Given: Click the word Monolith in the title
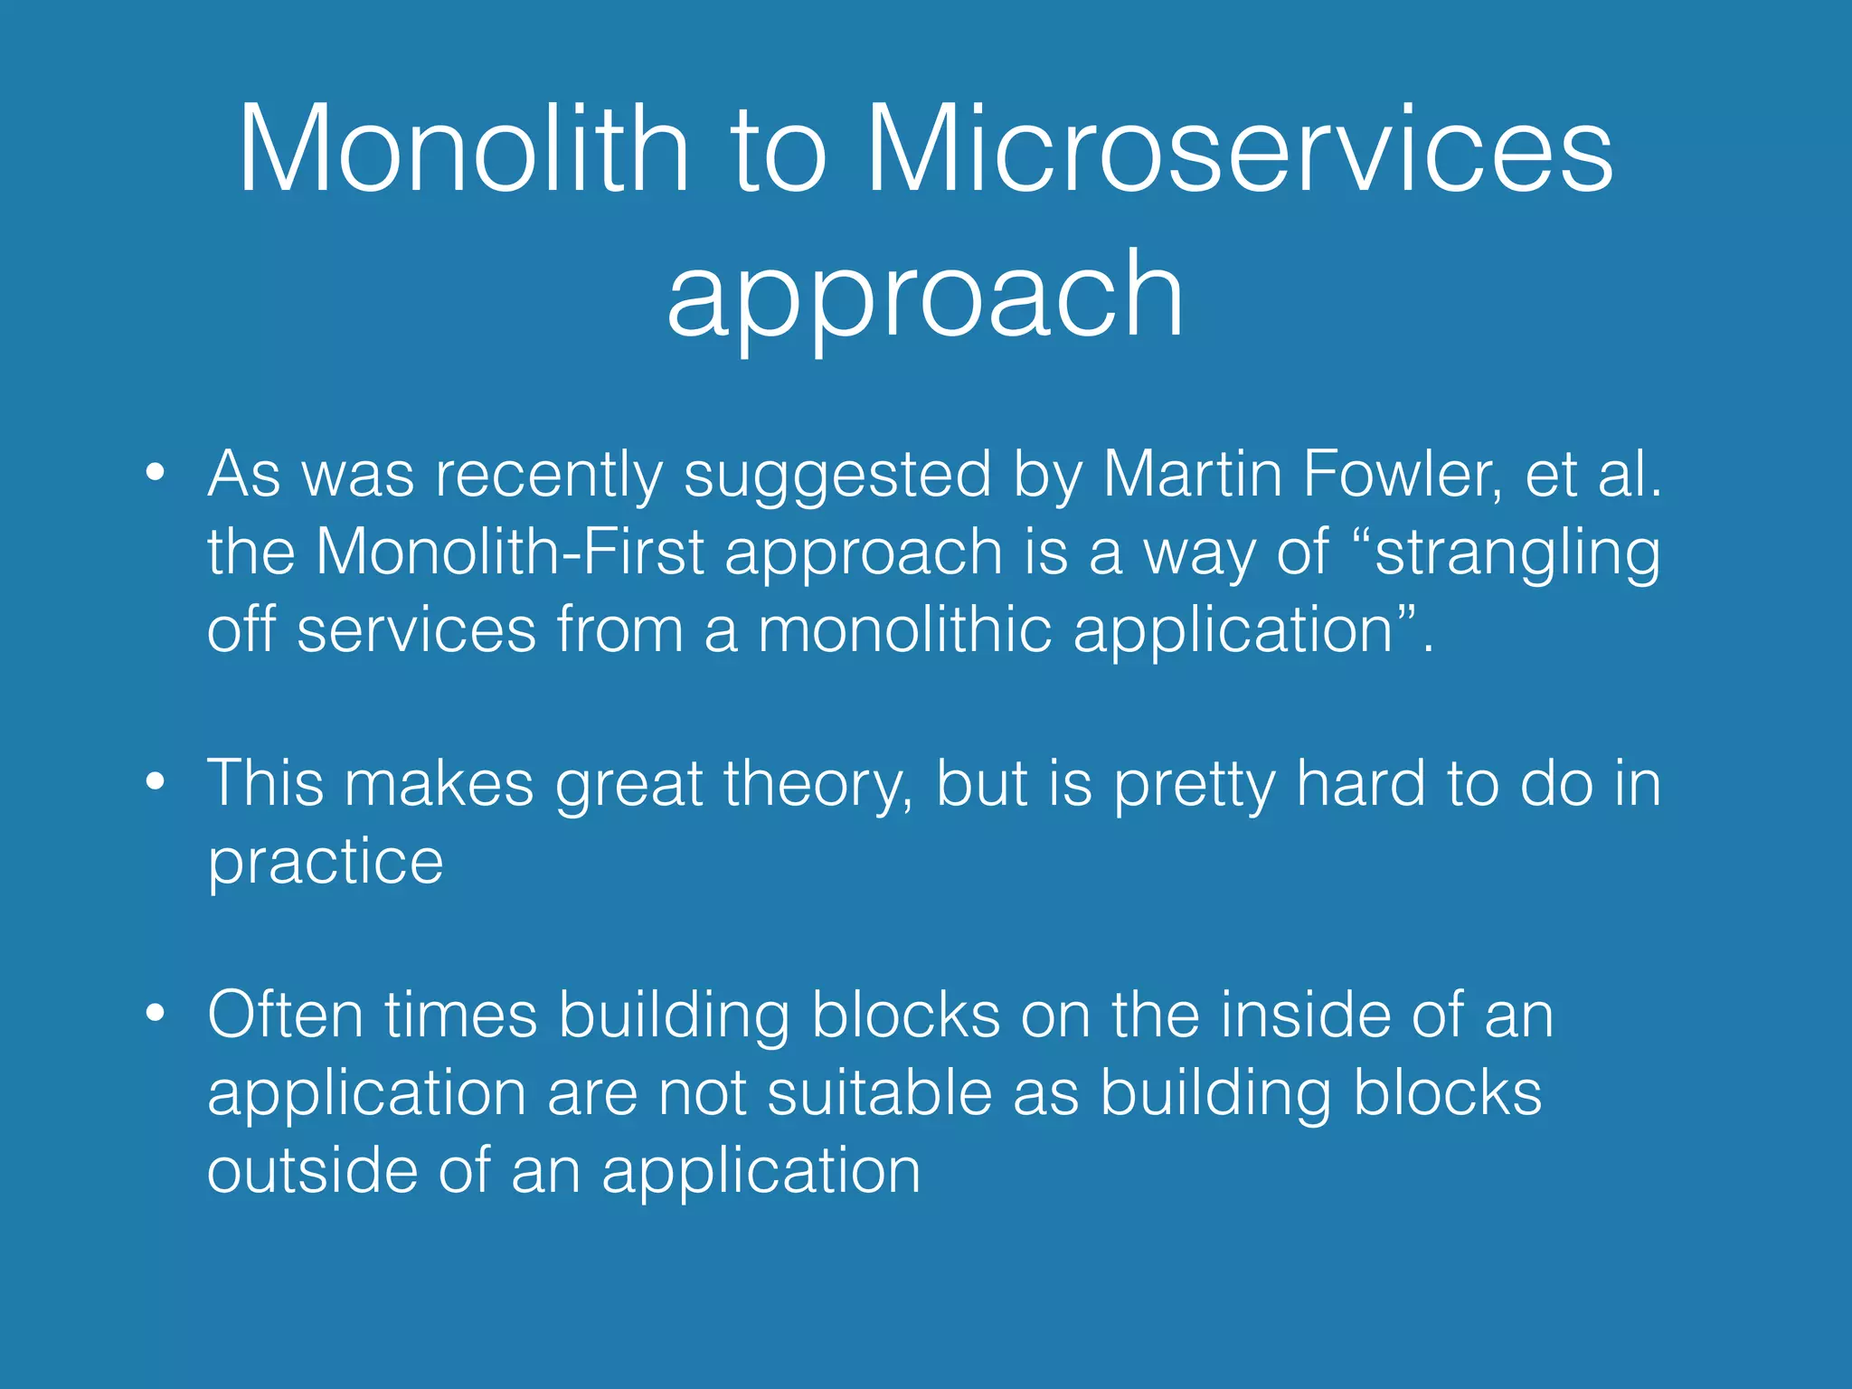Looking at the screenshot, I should tap(463, 149).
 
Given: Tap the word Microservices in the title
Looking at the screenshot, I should tap(1239, 149).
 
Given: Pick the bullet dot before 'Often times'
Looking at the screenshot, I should tap(156, 1013).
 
